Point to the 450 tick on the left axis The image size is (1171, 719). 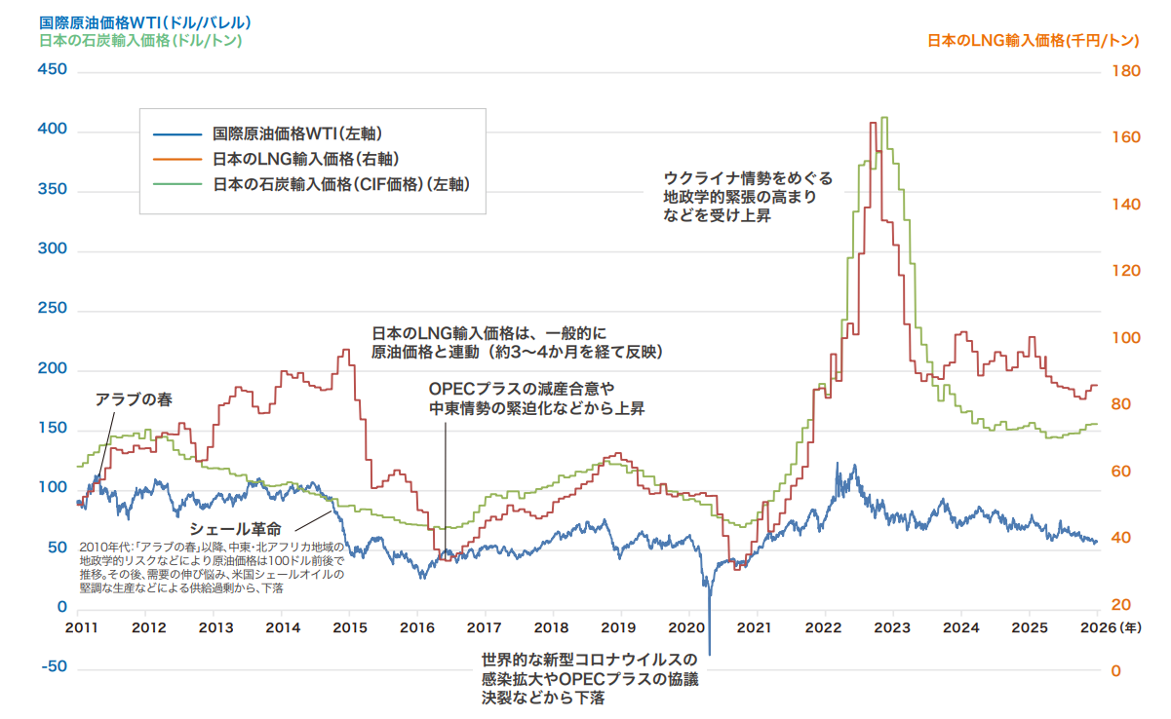point(52,70)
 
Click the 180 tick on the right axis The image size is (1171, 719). point(1123,70)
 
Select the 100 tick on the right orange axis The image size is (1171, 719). point(1123,337)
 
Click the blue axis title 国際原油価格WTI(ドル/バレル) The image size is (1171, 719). point(145,21)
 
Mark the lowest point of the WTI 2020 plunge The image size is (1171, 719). point(709,655)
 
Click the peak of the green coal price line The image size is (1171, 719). point(883,118)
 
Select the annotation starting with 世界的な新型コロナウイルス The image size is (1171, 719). point(590,678)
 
